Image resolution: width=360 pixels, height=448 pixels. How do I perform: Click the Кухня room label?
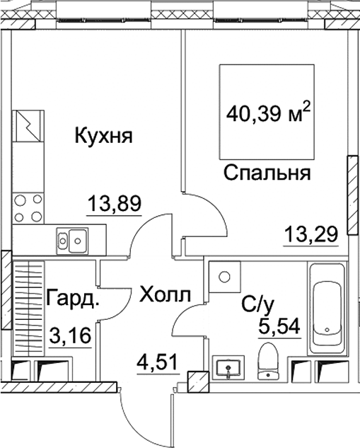point(104,136)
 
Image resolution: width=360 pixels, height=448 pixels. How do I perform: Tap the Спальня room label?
point(267,173)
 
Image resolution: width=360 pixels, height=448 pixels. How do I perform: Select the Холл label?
point(165,295)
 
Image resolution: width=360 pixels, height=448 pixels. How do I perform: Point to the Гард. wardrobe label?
point(73,299)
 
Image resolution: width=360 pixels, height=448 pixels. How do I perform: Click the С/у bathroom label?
point(257,305)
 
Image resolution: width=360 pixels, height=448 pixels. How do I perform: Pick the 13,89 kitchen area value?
point(114,204)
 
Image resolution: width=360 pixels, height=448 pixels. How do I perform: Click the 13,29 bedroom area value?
point(311,234)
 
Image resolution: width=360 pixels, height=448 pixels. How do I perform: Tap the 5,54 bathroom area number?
point(279,326)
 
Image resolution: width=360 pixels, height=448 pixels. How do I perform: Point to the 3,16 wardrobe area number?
point(70,335)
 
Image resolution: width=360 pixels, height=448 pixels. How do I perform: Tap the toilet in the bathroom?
point(268,362)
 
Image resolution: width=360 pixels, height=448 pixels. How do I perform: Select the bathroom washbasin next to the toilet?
point(228,367)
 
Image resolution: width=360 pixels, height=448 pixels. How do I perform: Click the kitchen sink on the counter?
point(72,241)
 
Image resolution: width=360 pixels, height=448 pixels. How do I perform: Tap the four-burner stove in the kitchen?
point(28,208)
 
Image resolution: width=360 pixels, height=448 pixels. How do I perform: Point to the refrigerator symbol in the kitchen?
point(28,126)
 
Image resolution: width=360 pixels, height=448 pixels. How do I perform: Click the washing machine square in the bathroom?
point(225,277)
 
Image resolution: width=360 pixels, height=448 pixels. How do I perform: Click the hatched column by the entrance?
point(198,381)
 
